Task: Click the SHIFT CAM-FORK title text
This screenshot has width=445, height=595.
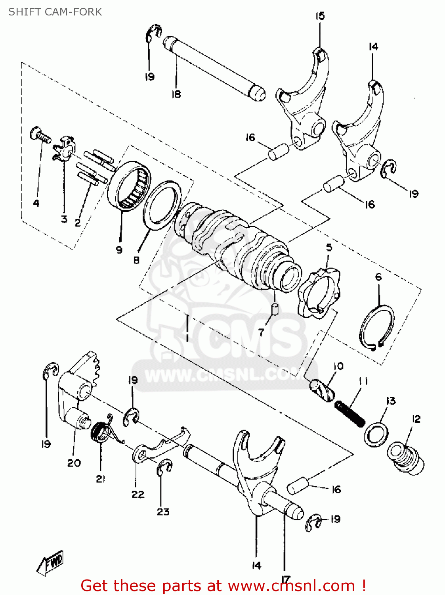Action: click(x=55, y=12)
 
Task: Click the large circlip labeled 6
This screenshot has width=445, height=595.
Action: click(x=377, y=328)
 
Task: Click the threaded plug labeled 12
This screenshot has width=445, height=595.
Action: click(x=406, y=457)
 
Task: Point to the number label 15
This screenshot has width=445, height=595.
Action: click(x=320, y=16)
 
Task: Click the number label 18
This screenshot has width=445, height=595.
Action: click(x=176, y=94)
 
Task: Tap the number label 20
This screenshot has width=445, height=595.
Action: click(x=74, y=463)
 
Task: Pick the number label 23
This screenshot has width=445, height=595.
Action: click(x=163, y=512)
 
